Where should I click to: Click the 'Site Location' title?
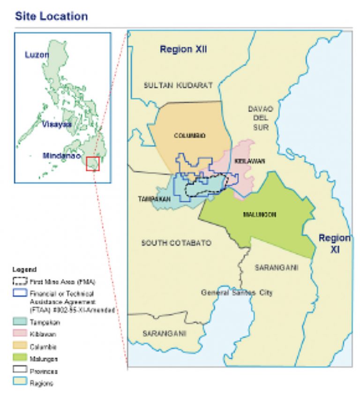51,16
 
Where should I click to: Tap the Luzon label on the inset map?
37,55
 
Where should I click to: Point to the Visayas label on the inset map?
56,124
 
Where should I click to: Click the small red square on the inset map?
93,164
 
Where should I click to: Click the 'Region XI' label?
334,243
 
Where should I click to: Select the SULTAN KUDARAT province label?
178,85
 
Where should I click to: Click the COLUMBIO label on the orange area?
190,136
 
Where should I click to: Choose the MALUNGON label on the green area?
259,214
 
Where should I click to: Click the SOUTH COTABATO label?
176,243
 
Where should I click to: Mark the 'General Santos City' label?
237,293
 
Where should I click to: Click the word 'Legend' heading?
24,270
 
